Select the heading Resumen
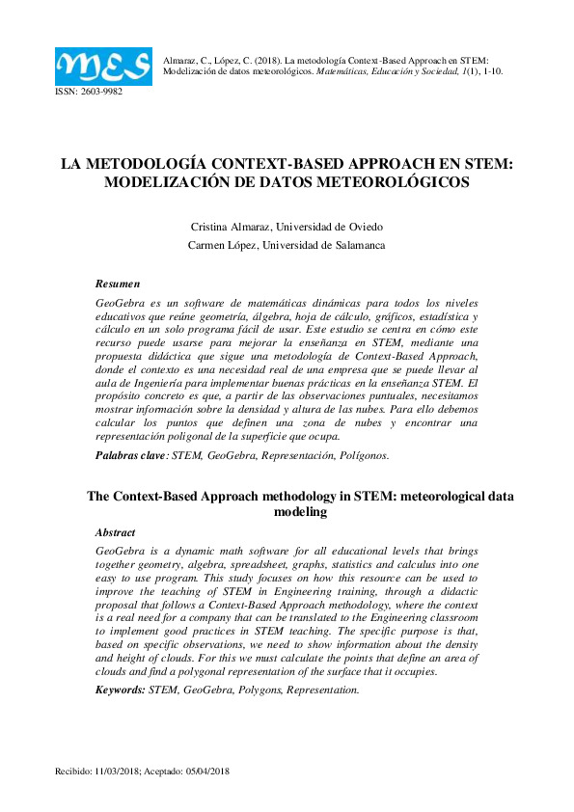click(118, 284)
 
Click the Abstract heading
click(115, 532)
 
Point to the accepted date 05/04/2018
click(206, 772)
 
